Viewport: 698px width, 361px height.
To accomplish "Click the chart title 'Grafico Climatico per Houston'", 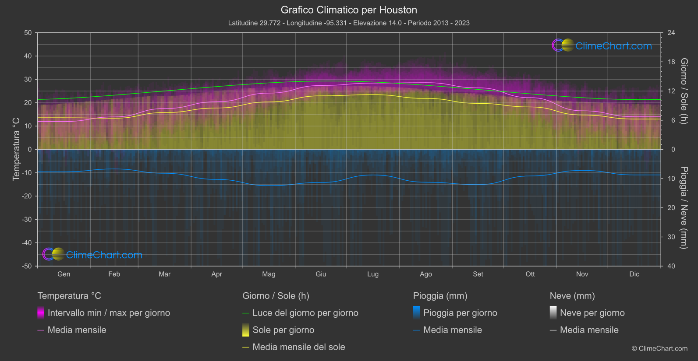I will point(349,10).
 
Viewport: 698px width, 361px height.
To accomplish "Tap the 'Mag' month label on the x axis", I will point(269,274).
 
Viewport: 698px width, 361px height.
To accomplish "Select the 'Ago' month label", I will point(425,274).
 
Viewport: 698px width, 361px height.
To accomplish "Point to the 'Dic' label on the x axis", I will point(634,274).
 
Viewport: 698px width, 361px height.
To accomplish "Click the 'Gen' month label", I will point(64,274).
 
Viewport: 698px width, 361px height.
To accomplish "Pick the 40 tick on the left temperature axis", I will point(28,56).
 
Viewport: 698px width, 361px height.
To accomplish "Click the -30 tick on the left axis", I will point(27,219).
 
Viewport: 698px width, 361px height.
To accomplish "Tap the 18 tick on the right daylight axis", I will point(671,62).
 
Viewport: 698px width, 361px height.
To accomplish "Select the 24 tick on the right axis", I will point(671,33).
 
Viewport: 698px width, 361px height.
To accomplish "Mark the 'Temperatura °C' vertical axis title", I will point(16,149).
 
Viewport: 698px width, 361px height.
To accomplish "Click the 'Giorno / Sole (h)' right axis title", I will point(684,91).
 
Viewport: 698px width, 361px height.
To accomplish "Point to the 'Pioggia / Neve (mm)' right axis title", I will point(684,207).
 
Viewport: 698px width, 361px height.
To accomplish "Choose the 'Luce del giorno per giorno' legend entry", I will point(305,313).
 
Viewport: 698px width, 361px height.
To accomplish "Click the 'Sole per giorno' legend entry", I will point(283,330).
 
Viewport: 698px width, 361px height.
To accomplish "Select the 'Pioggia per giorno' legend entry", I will point(460,313).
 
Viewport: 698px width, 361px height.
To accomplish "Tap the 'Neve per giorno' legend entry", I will point(592,313).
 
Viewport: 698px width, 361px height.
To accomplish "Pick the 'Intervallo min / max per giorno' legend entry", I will point(109,313).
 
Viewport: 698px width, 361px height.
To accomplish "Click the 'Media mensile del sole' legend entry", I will point(298,347).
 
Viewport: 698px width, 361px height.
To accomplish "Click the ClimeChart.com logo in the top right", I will point(602,46).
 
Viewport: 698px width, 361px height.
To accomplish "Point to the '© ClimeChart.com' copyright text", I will point(659,348).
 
